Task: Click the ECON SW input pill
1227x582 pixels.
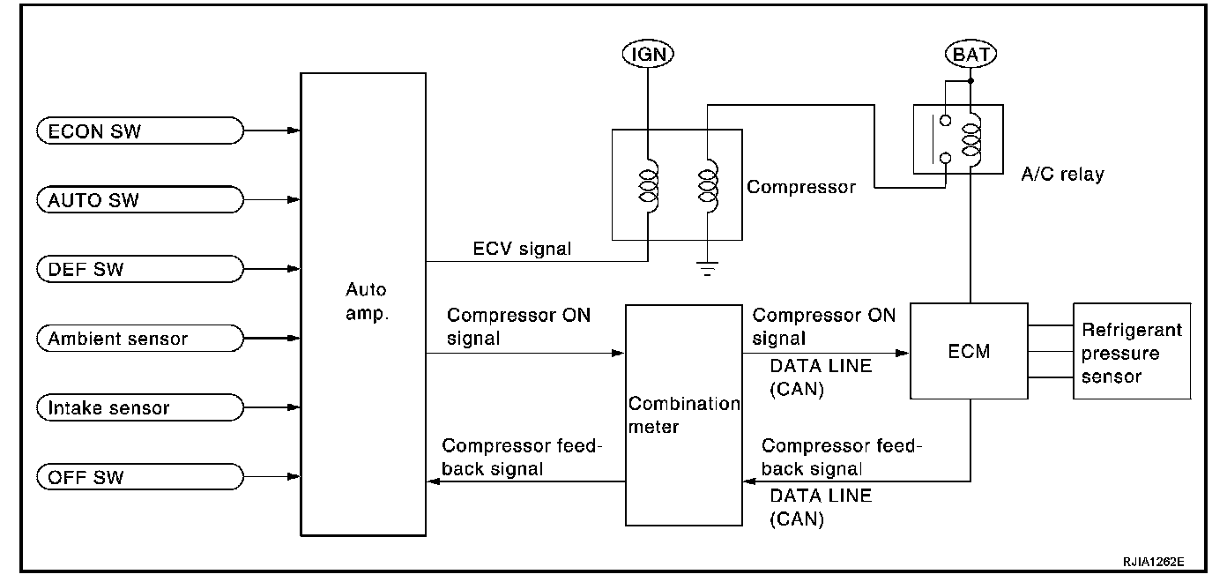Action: point(140,131)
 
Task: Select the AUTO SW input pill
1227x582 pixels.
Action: point(140,200)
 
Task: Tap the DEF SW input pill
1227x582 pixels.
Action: point(140,269)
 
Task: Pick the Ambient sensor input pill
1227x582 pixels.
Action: point(140,338)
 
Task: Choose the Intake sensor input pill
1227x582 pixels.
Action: point(140,407)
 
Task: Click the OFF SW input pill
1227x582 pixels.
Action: point(140,477)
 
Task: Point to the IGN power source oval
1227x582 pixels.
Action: point(648,54)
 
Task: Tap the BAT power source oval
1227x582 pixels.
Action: point(970,54)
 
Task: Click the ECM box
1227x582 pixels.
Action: point(969,351)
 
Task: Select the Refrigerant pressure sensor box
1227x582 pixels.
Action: point(1132,351)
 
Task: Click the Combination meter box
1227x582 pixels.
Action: point(684,415)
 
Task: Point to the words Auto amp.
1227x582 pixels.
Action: point(367,302)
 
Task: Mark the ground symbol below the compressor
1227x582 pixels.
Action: point(707,269)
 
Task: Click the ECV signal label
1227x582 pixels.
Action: point(522,249)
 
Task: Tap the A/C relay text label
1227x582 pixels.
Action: point(1063,175)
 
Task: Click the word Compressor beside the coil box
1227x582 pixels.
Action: point(801,187)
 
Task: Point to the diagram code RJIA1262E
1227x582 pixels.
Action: point(1154,562)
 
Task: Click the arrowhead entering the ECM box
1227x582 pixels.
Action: point(902,354)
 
